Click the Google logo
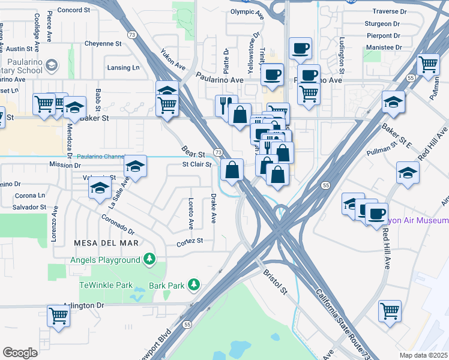pos(20,353)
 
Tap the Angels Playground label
pos(105,259)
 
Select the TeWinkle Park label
pos(105,286)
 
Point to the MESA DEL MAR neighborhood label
pos(106,243)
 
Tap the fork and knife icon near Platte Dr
pos(226,105)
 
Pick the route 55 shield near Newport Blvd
pos(187,325)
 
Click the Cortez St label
pos(190,241)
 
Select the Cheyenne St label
pos(102,44)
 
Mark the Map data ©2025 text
pos(423,355)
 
